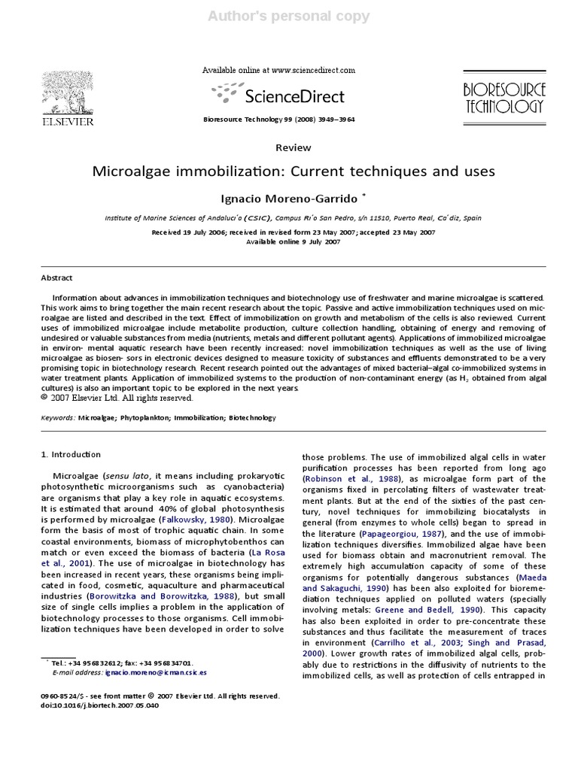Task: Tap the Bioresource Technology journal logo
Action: click(503, 98)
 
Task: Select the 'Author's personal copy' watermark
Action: click(289, 16)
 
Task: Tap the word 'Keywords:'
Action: click(57, 417)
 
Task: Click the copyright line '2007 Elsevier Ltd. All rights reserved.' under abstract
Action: click(111, 398)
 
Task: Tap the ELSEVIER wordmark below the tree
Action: click(67, 120)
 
